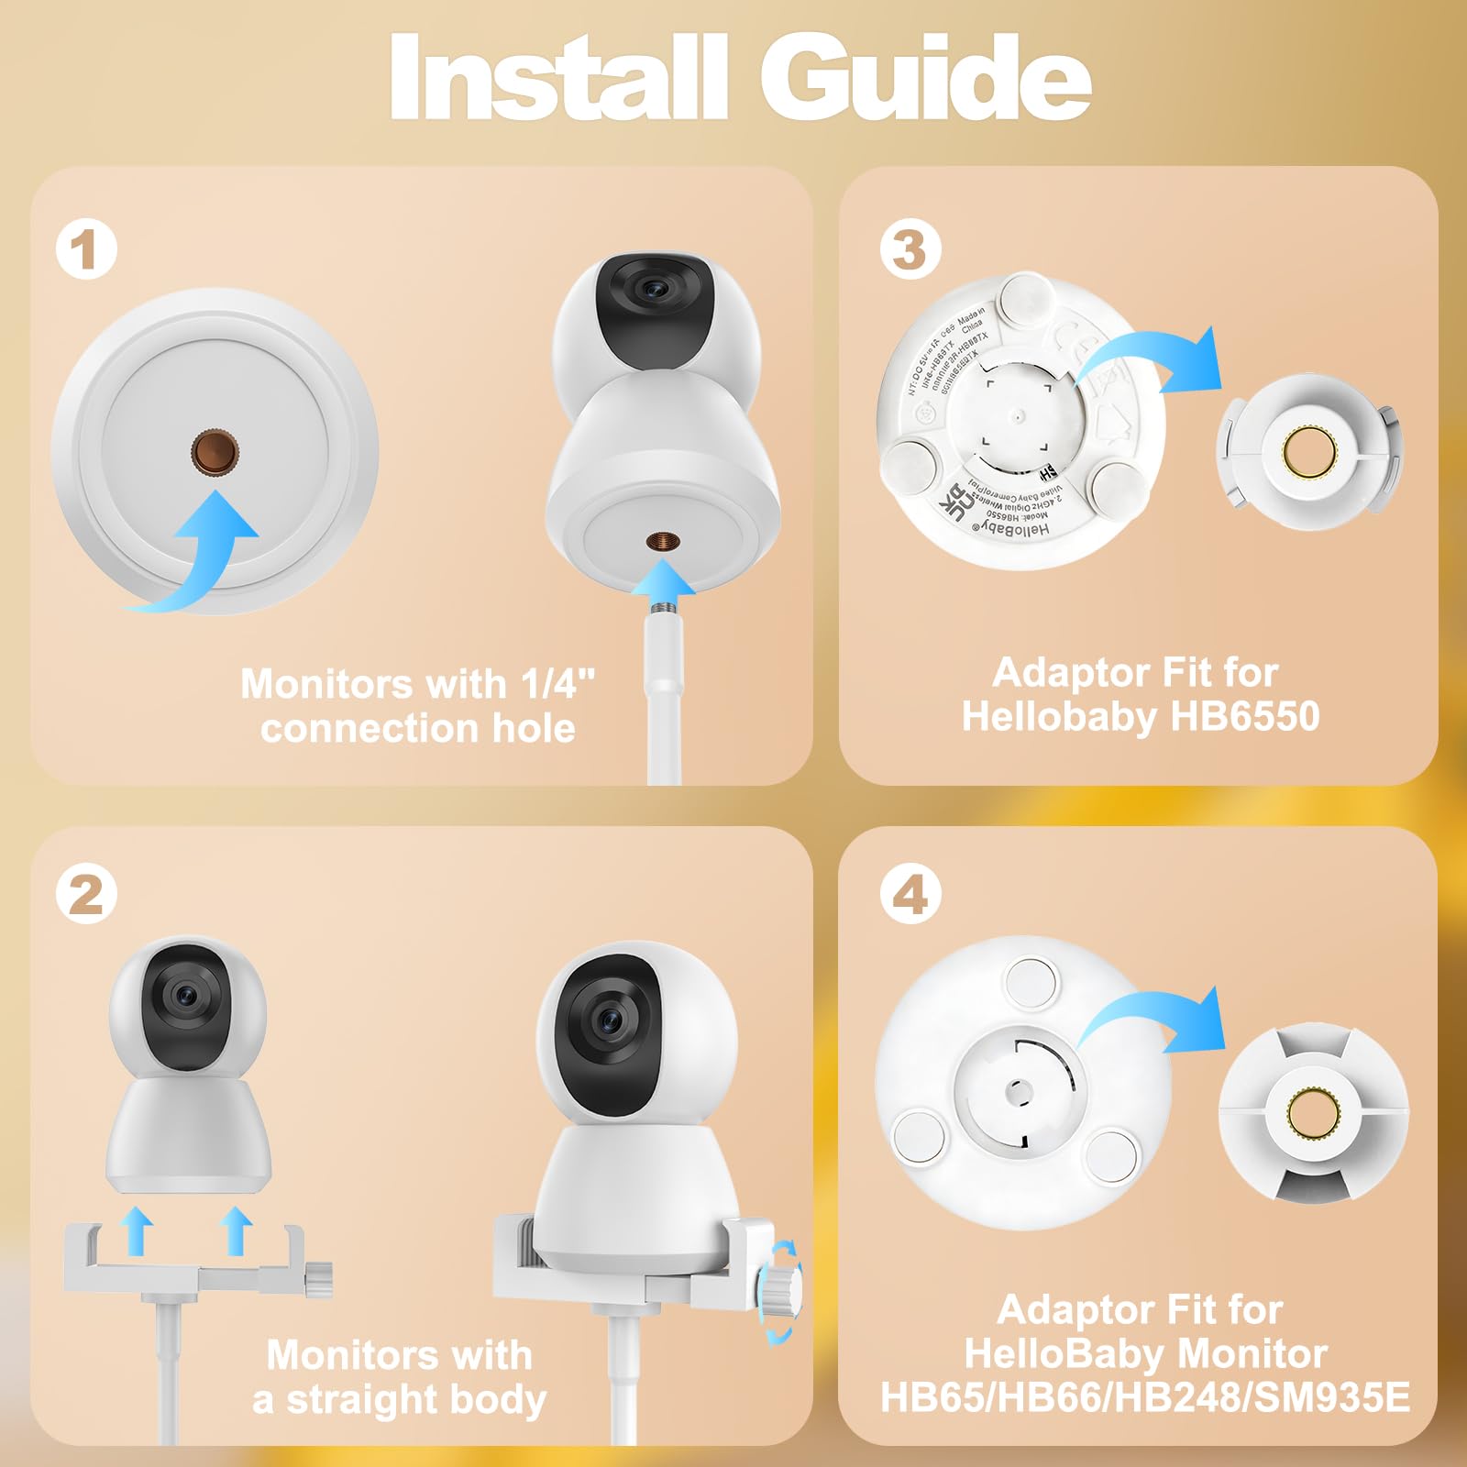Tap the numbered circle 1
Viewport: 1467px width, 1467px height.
click(x=86, y=249)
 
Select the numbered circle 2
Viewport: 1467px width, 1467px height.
click(x=86, y=893)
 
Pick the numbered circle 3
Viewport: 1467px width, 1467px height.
click(x=910, y=249)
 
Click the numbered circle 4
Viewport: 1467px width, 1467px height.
click(x=910, y=893)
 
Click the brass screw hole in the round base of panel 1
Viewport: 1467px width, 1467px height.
click(x=215, y=452)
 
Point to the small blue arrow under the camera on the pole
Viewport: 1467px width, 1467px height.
click(x=665, y=583)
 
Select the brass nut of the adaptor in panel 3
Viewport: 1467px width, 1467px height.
click(x=1308, y=450)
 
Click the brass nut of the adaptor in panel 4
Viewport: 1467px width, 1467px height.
click(x=1312, y=1110)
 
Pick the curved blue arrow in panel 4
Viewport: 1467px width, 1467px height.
click(x=1164, y=1022)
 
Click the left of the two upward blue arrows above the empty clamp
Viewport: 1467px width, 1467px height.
click(x=137, y=1230)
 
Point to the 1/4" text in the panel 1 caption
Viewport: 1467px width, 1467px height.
click(x=557, y=684)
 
